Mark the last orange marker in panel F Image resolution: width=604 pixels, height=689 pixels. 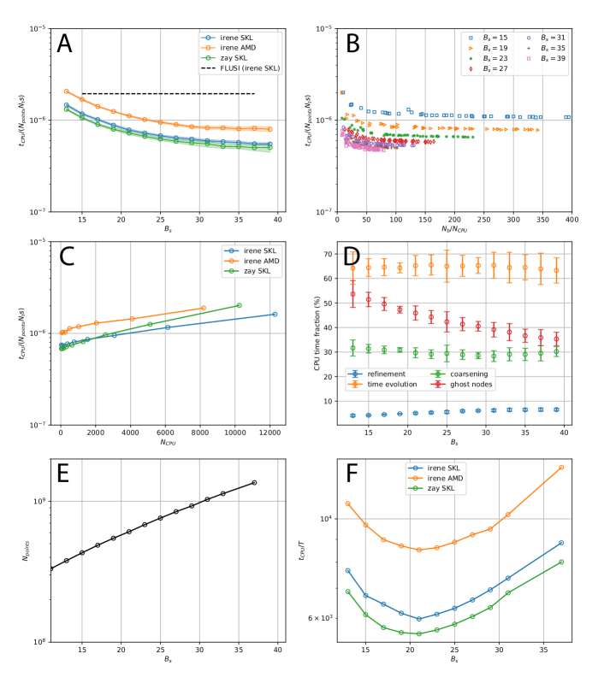pyautogui.click(x=561, y=467)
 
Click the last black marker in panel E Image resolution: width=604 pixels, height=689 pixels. pyautogui.click(x=254, y=483)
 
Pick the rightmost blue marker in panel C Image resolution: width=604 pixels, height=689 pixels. pyautogui.click(x=275, y=314)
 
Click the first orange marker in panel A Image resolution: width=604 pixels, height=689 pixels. pyautogui.click(x=66, y=91)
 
